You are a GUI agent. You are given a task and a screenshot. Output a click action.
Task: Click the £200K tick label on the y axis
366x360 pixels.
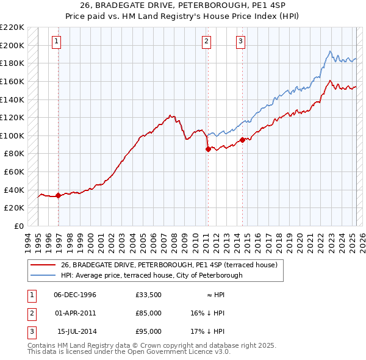point(12,45)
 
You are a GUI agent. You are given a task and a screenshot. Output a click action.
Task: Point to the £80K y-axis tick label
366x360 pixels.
point(14,154)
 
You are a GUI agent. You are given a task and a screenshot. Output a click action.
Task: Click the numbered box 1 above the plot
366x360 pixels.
point(56,41)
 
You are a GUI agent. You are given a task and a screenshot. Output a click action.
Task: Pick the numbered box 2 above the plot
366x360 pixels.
point(207,41)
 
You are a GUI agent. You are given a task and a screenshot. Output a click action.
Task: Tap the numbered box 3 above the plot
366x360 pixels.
point(240,41)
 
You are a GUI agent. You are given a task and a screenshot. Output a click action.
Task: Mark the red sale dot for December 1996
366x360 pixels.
point(58,196)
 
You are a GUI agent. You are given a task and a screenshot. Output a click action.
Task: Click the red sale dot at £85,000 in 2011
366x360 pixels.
point(208,149)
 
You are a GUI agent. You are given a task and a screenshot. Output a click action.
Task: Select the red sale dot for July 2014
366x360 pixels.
point(243,140)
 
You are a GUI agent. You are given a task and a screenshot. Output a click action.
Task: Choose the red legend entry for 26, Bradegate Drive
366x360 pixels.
point(169,265)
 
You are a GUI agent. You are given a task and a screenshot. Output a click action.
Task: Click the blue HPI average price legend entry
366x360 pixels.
point(151,275)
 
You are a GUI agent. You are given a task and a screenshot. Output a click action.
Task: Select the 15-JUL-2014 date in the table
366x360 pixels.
point(76,332)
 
